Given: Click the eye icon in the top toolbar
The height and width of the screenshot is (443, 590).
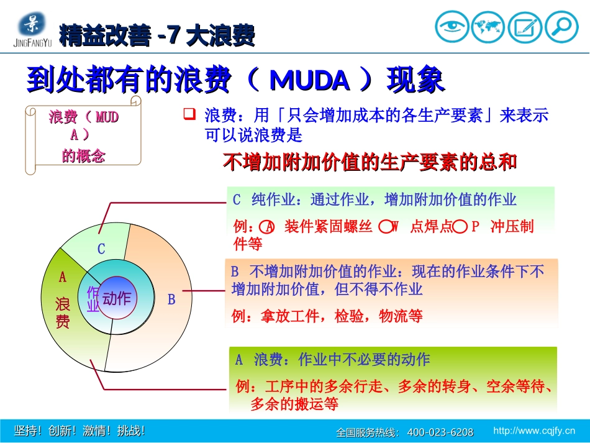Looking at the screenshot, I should click(x=452, y=27).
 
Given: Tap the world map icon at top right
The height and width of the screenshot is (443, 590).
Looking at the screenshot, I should click(x=488, y=27).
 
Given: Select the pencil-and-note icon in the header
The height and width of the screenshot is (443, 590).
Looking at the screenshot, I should click(x=525, y=27).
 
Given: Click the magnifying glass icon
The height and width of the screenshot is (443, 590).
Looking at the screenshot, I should click(x=561, y=27).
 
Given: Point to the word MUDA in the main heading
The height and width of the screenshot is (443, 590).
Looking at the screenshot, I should click(x=310, y=81).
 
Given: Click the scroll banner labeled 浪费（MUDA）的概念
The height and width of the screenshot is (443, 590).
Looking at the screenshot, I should click(x=83, y=135).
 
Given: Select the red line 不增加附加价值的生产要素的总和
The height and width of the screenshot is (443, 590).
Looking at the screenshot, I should click(x=370, y=162).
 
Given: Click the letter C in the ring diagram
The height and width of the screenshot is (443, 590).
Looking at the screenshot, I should click(x=101, y=249).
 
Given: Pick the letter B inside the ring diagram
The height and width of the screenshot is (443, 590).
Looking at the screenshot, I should click(x=171, y=299).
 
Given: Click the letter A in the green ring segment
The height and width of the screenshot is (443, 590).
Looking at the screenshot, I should click(x=62, y=276).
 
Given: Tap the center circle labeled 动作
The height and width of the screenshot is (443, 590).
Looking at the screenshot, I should click(x=117, y=299).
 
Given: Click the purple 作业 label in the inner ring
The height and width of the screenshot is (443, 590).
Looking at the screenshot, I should click(x=93, y=299).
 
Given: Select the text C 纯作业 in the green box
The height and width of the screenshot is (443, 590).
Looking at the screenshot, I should click(x=267, y=200).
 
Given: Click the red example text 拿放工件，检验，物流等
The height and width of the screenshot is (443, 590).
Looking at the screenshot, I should click(x=327, y=316).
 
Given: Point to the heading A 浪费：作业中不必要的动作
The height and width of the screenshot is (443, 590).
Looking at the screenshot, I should click(x=332, y=360).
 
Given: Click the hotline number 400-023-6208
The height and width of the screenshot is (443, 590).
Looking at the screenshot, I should click(x=440, y=432).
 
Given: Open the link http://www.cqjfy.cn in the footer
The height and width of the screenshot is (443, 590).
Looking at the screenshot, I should click(x=533, y=431).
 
